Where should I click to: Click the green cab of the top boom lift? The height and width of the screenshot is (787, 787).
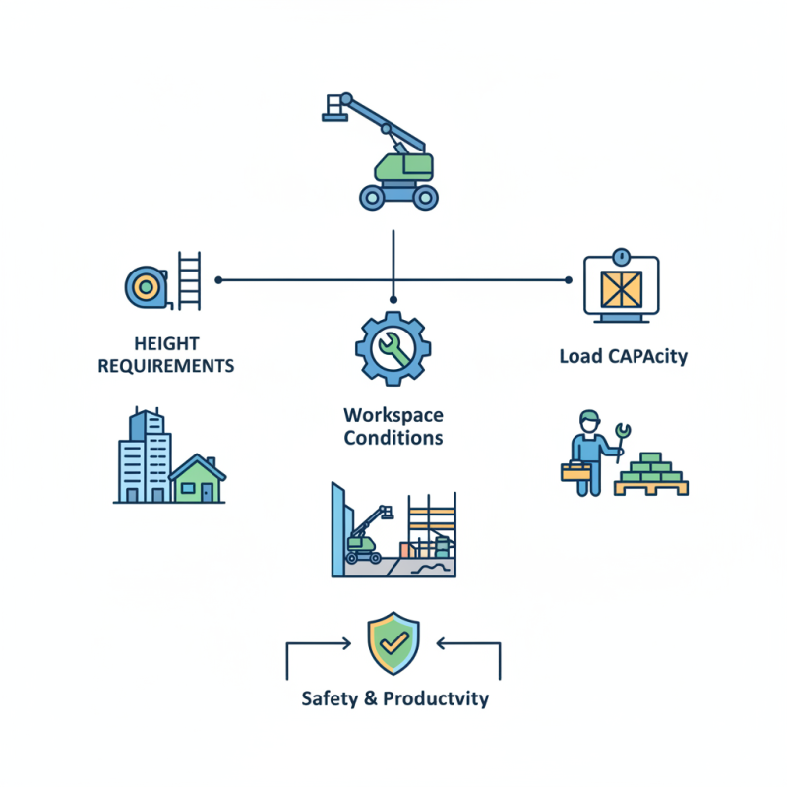tap(403, 167)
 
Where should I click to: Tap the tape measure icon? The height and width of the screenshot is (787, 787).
tap(147, 287)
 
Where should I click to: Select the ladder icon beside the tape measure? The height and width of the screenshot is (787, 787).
tap(189, 280)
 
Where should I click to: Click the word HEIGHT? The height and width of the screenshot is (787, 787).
tap(166, 343)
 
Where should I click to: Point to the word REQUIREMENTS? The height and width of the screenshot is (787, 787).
tap(166, 366)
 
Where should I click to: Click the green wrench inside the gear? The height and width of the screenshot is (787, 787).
tap(394, 348)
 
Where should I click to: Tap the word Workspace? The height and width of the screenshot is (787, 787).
tap(393, 416)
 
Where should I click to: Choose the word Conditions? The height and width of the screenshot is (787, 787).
tap(393, 438)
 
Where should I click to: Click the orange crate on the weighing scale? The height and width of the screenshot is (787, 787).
tap(622, 289)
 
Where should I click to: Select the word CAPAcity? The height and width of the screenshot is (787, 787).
tap(648, 357)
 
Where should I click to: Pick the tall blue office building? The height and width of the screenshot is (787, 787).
tap(145, 455)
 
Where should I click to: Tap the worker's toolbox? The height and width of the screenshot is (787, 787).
tap(575, 472)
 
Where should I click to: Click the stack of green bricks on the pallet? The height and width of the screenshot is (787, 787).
tap(651, 468)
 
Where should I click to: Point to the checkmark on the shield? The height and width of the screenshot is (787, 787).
tap(394, 642)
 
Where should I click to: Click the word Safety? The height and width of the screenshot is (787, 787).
tap(330, 698)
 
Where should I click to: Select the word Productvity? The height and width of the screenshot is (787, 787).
tap(436, 698)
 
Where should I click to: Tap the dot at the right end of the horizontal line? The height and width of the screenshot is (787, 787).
tap(569, 280)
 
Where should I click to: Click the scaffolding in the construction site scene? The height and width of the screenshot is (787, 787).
tap(432, 525)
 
